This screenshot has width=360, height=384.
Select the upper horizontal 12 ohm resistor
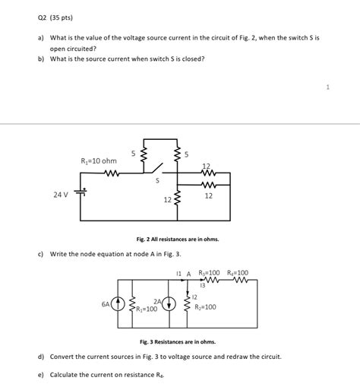click(x=205, y=173)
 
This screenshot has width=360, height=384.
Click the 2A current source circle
click(x=169, y=304)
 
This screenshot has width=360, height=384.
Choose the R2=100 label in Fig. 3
click(x=205, y=307)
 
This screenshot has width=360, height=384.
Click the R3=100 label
click(x=208, y=273)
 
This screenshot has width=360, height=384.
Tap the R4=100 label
click(x=237, y=273)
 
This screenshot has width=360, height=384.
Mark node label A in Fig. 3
click(x=188, y=273)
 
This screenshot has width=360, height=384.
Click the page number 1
click(x=327, y=87)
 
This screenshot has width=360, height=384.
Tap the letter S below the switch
click(x=157, y=181)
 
